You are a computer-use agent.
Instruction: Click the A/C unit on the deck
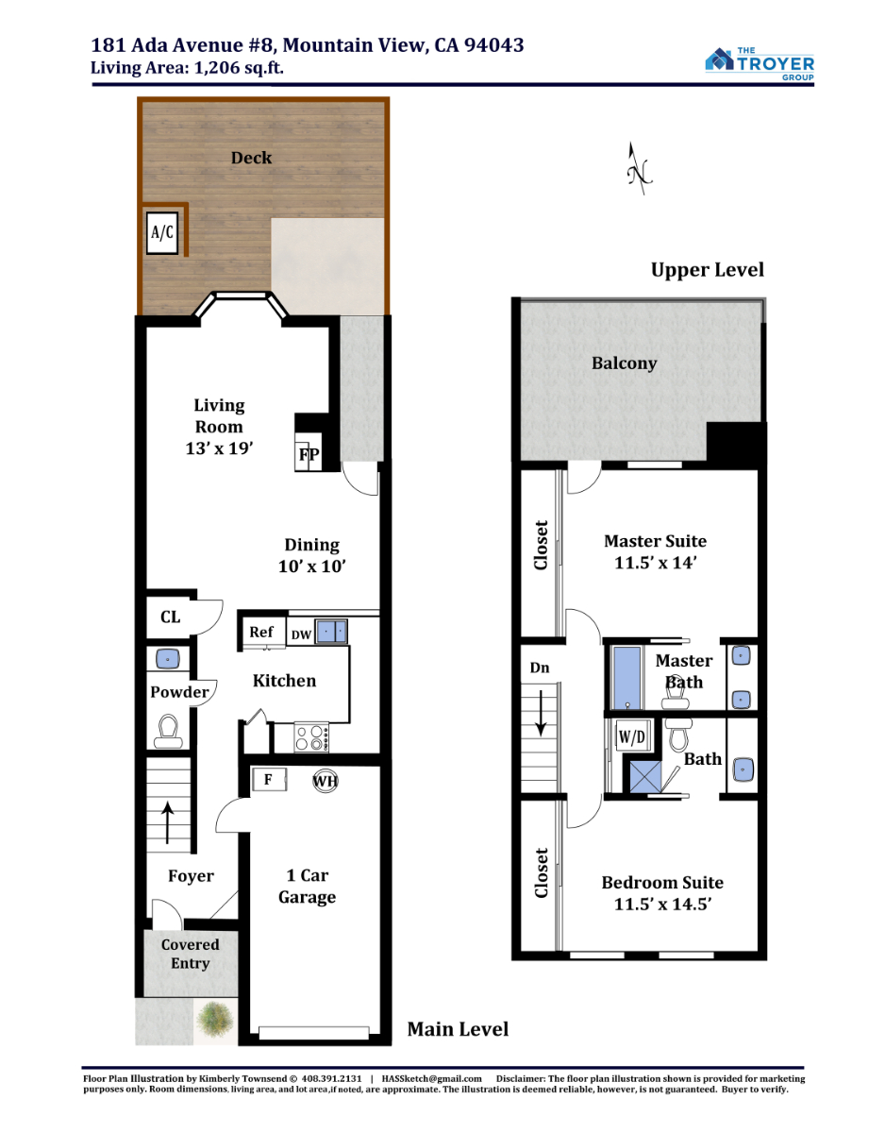click(162, 232)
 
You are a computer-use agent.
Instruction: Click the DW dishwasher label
click(301, 634)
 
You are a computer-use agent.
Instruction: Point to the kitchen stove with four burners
click(311, 737)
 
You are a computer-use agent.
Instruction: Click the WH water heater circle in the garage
click(326, 781)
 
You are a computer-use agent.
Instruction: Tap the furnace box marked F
click(269, 780)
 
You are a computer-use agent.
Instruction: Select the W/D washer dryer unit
click(632, 736)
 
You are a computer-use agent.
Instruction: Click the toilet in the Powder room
click(168, 732)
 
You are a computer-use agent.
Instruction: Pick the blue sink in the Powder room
click(168, 659)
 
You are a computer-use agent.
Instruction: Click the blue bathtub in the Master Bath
click(627, 678)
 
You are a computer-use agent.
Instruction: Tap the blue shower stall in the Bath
click(645, 777)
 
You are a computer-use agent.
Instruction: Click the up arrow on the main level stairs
click(167, 822)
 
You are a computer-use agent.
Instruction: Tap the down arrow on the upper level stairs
click(542, 713)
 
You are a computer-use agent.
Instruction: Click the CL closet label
click(171, 617)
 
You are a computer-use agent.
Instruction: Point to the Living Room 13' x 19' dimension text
click(219, 448)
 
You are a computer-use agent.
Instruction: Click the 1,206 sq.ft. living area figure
click(239, 68)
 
